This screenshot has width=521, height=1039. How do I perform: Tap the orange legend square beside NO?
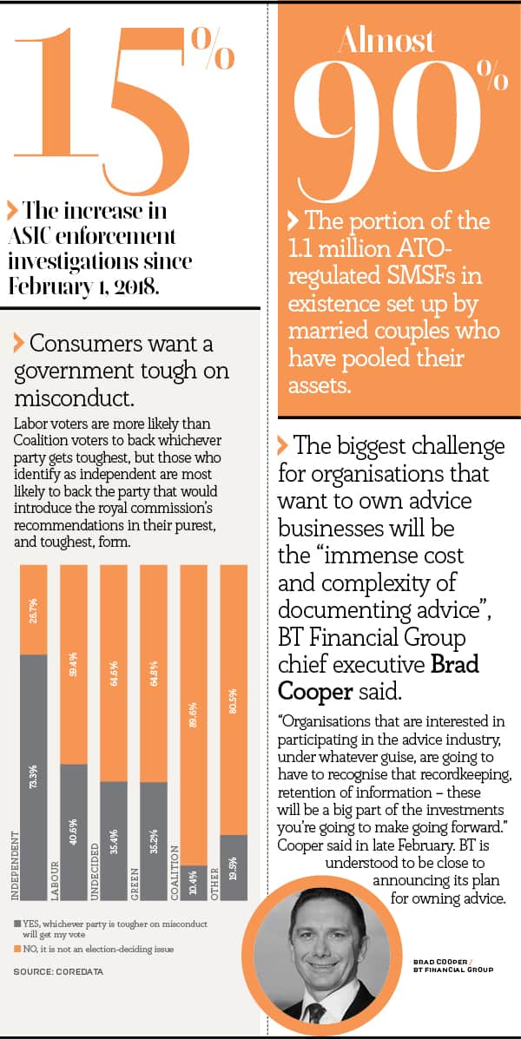17,950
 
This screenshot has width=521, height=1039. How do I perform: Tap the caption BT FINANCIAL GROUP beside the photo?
452,969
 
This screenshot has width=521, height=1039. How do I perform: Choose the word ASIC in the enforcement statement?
41,236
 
